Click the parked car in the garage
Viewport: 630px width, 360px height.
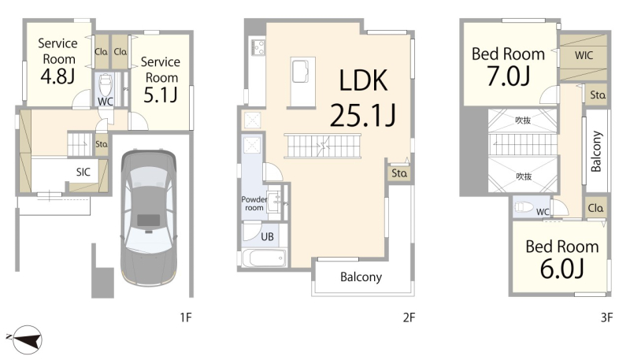[x=149, y=217]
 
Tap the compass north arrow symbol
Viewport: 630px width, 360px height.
[x=25, y=340]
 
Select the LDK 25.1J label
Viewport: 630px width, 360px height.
[x=363, y=98]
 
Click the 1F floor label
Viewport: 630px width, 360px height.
[x=186, y=317]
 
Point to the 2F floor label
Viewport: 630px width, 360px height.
[x=409, y=317]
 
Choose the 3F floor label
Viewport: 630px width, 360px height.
[x=606, y=317]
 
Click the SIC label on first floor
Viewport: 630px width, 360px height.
[x=83, y=172]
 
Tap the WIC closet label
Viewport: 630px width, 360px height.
[x=584, y=55]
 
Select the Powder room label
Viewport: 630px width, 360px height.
[x=254, y=203]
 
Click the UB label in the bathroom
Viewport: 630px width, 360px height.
[x=267, y=236]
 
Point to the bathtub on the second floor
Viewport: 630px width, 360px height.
[x=264, y=258]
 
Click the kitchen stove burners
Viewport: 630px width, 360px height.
[x=258, y=47]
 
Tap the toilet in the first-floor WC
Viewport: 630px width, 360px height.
[x=106, y=84]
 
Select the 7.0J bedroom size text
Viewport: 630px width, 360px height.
[x=508, y=76]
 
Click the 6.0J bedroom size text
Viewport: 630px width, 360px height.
[x=561, y=269]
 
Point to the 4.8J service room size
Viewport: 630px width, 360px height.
[x=57, y=76]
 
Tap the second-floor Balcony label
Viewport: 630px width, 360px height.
[x=361, y=277]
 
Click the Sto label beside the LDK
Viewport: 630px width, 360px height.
[x=399, y=173]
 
